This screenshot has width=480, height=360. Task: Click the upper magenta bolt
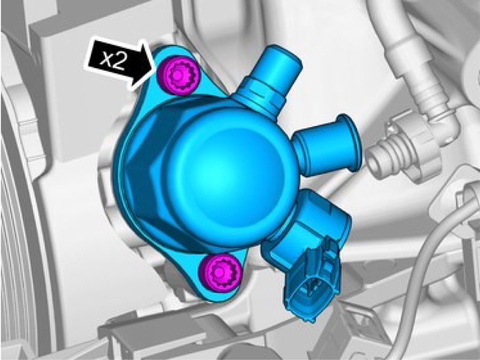pos(178,76)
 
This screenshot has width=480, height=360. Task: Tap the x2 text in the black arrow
pos(113,60)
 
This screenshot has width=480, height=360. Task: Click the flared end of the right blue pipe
pos(349,142)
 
